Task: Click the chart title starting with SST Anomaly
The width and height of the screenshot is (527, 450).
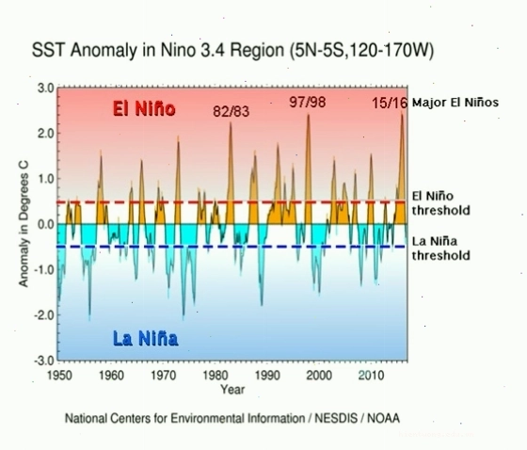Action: (x=232, y=51)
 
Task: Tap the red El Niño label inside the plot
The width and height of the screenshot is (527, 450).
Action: (x=144, y=108)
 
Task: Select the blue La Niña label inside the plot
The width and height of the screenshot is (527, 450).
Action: (x=146, y=338)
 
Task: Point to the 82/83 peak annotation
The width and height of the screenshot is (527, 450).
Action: (x=232, y=112)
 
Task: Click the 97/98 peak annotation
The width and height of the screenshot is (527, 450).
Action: (x=308, y=102)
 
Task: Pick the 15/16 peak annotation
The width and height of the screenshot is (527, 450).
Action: (x=390, y=103)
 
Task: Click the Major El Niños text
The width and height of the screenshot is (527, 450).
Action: (x=455, y=103)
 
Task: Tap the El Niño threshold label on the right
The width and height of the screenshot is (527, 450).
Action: (x=441, y=203)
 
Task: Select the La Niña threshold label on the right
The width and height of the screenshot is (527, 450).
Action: (x=441, y=249)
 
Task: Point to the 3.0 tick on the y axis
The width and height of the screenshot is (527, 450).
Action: (x=46, y=88)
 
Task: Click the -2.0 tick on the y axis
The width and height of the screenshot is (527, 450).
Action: (x=44, y=315)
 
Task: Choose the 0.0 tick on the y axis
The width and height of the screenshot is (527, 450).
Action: (x=46, y=224)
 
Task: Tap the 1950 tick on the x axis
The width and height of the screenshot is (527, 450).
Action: (x=59, y=375)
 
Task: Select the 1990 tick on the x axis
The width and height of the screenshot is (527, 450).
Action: (x=267, y=375)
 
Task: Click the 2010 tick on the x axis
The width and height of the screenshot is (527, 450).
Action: (x=371, y=375)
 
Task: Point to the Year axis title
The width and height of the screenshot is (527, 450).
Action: (x=232, y=390)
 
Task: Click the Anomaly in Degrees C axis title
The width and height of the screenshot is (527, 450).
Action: (x=24, y=224)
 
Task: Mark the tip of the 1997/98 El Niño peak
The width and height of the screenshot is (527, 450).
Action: (x=309, y=115)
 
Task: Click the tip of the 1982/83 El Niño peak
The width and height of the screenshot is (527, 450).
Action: (x=231, y=122)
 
